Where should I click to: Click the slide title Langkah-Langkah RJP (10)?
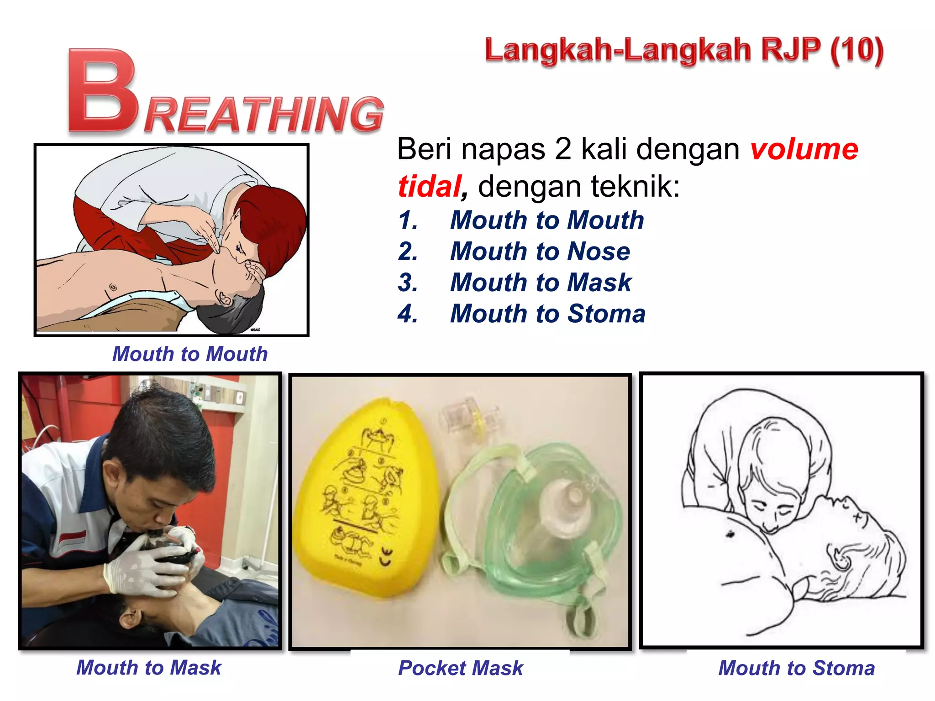[x=684, y=51]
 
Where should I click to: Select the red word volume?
[x=804, y=149]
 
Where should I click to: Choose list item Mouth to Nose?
[x=540, y=251]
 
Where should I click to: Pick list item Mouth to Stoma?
[x=547, y=314]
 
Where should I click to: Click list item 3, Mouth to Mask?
[x=541, y=282]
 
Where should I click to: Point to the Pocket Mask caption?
[x=460, y=668]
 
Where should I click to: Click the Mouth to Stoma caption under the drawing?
[x=796, y=668]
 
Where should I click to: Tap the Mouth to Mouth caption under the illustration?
[x=190, y=354]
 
